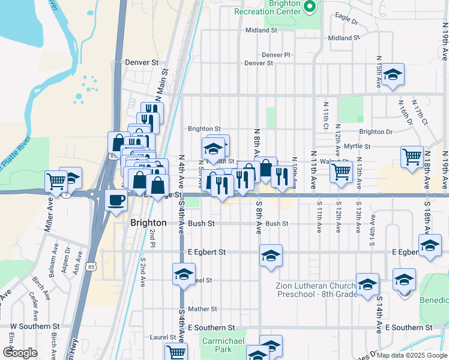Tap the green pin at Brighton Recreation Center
pyautogui.click(x=310, y=7)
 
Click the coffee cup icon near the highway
pyautogui.click(x=116, y=200)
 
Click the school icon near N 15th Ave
pyautogui.click(x=393, y=75)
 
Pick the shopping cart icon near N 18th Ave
pyautogui.click(x=412, y=156)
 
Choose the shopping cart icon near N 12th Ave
pyautogui.click(x=341, y=171)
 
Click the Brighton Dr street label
pyautogui.click(x=376, y=131)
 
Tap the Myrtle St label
pyautogui.click(x=357, y=146)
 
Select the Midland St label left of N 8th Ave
pyautogui.click(x=261, y=30)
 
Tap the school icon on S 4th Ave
pyautogui.click(x=184, y=274)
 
